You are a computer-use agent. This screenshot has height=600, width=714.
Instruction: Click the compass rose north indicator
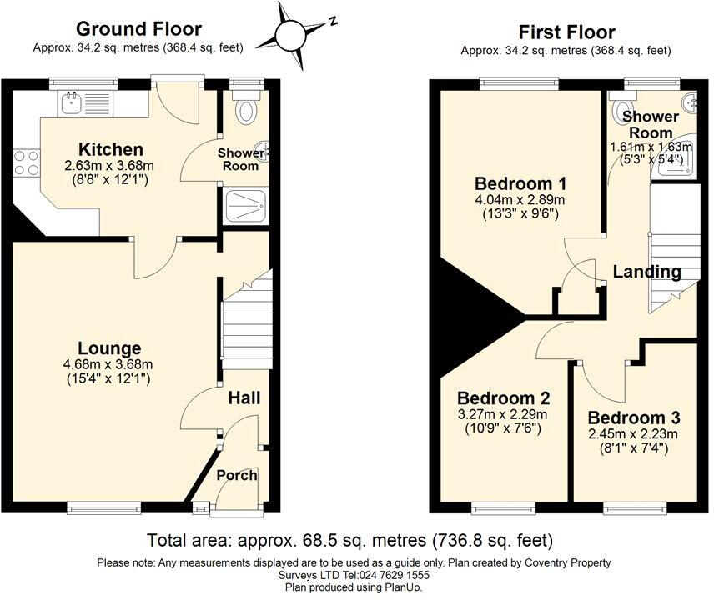(334, 21)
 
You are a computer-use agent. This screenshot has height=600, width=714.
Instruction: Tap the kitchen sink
(72, 102)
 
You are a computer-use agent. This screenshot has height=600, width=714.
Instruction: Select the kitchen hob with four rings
(27, 162)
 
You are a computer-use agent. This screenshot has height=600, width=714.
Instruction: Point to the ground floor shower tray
(245, 207)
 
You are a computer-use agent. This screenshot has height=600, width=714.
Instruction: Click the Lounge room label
(109, 348)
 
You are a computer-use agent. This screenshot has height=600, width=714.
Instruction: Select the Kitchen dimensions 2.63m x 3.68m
(110, 165)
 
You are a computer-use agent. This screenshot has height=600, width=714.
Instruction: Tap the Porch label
(237, 475)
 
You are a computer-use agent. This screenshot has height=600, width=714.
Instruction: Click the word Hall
(244, 398)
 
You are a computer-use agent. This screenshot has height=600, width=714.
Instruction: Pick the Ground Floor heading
(138, 28)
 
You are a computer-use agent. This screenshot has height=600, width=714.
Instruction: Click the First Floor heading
(567, 32)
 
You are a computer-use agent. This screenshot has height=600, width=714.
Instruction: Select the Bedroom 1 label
(520, 184)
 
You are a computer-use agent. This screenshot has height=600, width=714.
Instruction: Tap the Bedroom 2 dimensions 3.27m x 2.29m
(503, 414)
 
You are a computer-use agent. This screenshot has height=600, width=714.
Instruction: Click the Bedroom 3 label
(634, 417)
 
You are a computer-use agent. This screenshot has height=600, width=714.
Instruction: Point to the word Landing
(646, 272)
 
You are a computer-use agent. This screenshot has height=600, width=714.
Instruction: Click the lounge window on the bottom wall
(103, 508)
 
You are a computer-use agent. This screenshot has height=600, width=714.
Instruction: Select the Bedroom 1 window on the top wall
(520, 82)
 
